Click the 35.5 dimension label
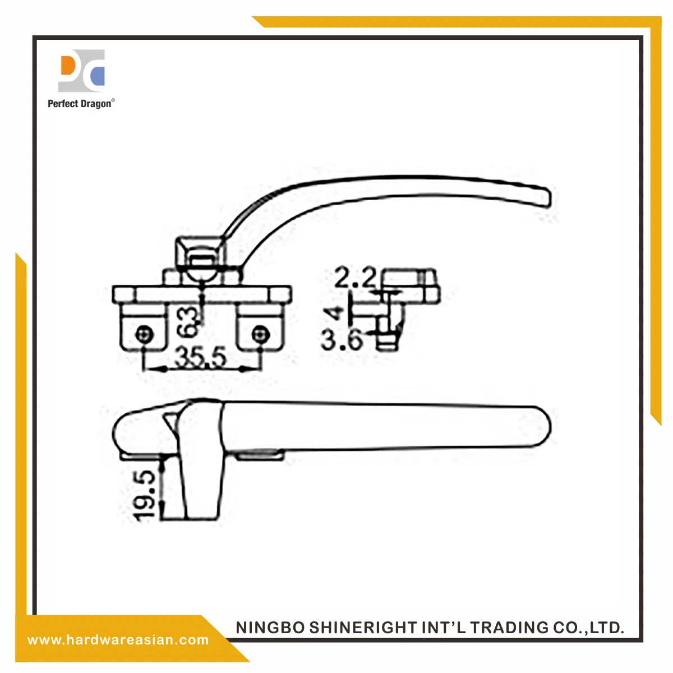click(200, 357)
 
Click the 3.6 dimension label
click(342, 339)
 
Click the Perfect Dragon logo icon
click(81, 71)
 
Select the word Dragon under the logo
click(96, 104)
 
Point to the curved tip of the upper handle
click(547, 197)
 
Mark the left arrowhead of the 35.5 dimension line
click(150, 368)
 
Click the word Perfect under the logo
click(63, 104)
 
